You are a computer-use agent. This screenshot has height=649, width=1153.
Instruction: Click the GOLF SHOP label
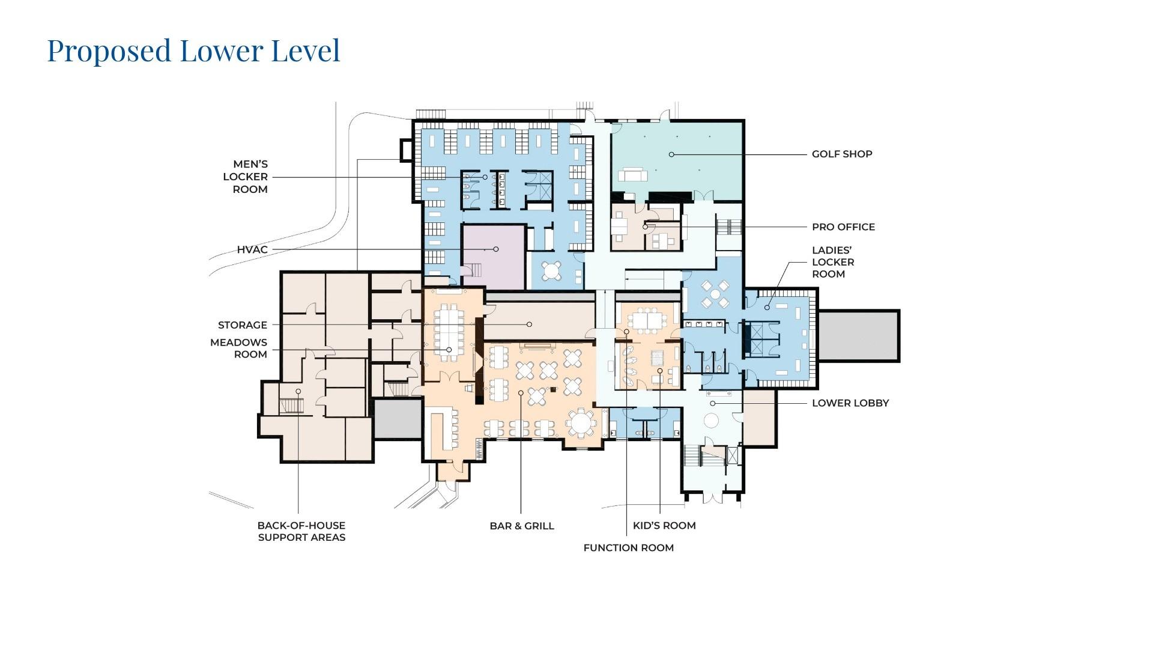tap(842, 154)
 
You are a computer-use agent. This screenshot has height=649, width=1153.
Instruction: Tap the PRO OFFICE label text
tap(843, 227)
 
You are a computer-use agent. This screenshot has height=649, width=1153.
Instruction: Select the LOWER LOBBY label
tap(850, 403)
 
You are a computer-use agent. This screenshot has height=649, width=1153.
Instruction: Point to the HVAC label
tap(252, 249)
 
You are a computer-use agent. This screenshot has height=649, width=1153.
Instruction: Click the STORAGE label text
tap(243, 325)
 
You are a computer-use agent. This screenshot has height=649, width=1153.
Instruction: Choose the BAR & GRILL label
tap(522, 526)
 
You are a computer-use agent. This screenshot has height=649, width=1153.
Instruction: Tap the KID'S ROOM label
tap(664, 525)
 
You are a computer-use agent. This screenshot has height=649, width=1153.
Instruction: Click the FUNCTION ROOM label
tap(628, 547)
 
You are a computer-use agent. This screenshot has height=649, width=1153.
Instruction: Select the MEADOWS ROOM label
tap(239, 348)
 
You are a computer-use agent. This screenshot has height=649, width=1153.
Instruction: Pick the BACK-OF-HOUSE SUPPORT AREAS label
tap(301, 531)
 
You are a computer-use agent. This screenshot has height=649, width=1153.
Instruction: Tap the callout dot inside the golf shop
tap(671, 154)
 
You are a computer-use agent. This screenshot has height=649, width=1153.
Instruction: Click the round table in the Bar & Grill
tap(581, 422)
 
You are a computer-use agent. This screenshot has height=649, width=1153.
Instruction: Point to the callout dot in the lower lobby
tap(713, 403)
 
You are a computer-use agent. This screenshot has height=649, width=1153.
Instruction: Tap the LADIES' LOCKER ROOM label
tap(832, 262)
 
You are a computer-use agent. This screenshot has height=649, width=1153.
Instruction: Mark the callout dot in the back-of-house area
tap(298, 391)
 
